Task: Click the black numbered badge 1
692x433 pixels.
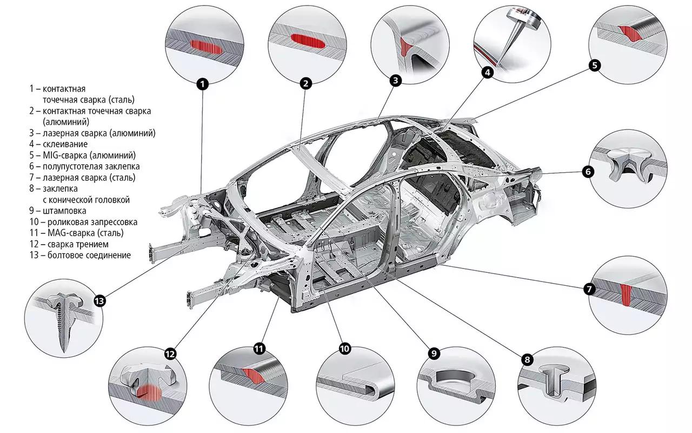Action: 202,84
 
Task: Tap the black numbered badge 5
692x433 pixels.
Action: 594,65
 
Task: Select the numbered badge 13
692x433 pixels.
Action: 100,301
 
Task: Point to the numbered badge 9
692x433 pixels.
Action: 434,353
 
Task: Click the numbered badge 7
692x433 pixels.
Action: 589,289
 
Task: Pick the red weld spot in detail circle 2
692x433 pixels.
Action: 308,41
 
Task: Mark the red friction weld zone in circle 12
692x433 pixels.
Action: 149,392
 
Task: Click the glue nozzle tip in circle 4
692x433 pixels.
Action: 498,64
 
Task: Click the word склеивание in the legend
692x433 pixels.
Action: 65,144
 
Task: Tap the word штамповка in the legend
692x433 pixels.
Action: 66,211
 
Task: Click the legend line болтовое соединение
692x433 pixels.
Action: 89,255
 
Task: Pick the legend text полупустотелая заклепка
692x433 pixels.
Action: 91,166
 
